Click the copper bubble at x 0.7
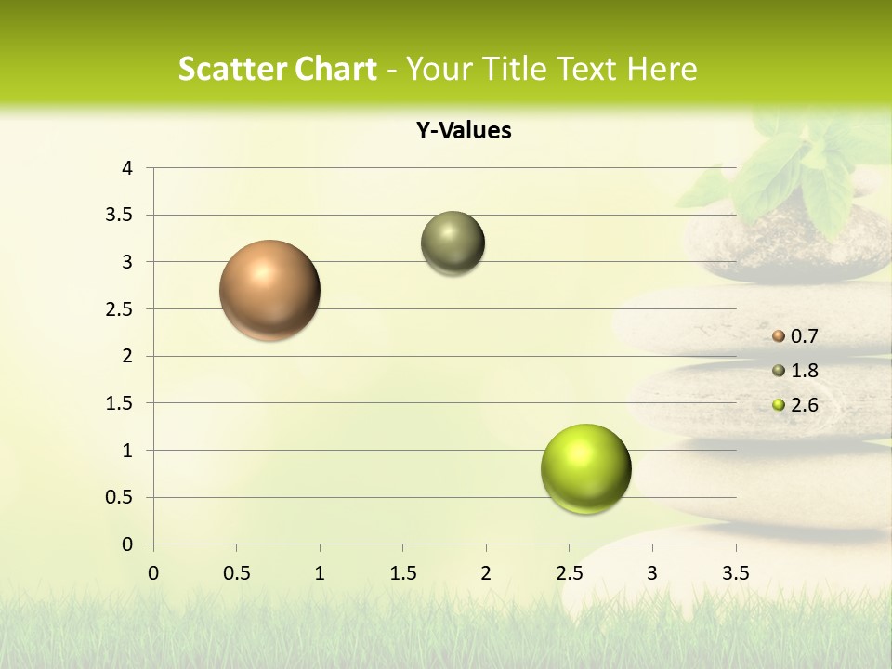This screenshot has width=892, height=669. (270, 290)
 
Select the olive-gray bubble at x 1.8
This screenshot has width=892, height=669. (453, 243)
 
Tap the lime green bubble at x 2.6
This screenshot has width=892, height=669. (585, 468)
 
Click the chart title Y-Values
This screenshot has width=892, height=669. (463, 131)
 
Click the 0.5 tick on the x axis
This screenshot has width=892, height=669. (236, 573)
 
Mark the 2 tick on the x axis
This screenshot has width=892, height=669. (486, 573)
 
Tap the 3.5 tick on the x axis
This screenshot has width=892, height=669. (735, 573)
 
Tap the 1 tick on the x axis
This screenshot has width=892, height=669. (320, 573)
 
